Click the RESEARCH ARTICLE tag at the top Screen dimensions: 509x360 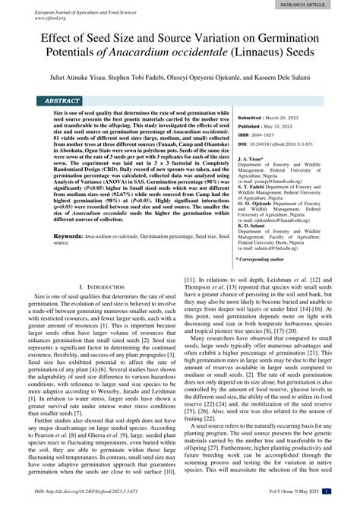[324, 5]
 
